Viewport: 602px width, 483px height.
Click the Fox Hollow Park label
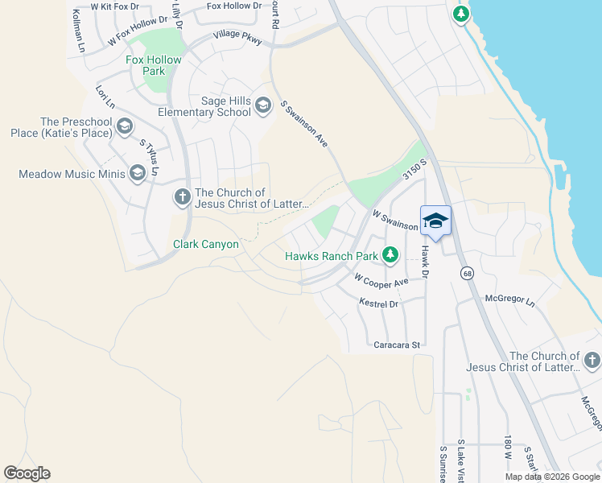pyautogui.click(x=153, y=65)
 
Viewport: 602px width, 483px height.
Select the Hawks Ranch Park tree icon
pyautogui.click(x=390, y=255)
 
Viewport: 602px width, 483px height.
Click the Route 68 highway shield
pyautogui.click(x=468, y=274)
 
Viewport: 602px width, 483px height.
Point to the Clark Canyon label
pyautogui.click(x=206, y=244)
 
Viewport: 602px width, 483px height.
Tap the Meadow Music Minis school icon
pyautogui.click(x=138, y=172)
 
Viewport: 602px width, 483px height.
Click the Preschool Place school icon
pyautogui.click(x=124, y=126)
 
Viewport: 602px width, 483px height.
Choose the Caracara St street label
pyautogui.click(x=397, y=345)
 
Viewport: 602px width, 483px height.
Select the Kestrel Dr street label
pyautogui.click(x=378, y=303)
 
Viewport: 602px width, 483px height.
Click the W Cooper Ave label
pyautogui.click(x=381, y=281)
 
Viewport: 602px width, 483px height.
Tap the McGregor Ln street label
pyautogui.click(x=509, y=299)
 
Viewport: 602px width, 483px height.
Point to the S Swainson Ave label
pyautogui.click(x=303, y=124)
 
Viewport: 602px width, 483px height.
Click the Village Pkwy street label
pyautogui.click(x=237, y=38)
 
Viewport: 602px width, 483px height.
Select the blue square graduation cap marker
pyautogui.click(x=435, y=221)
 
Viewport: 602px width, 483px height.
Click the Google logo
pyautogui.click(x=27, y=473)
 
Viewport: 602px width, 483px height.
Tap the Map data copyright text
pyautogui.click(x=551, y=477)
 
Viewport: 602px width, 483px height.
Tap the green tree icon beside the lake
pyautogui.click(x=460, y=14)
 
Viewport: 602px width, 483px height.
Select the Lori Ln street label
pyautogui.click(x=105, y=98)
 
